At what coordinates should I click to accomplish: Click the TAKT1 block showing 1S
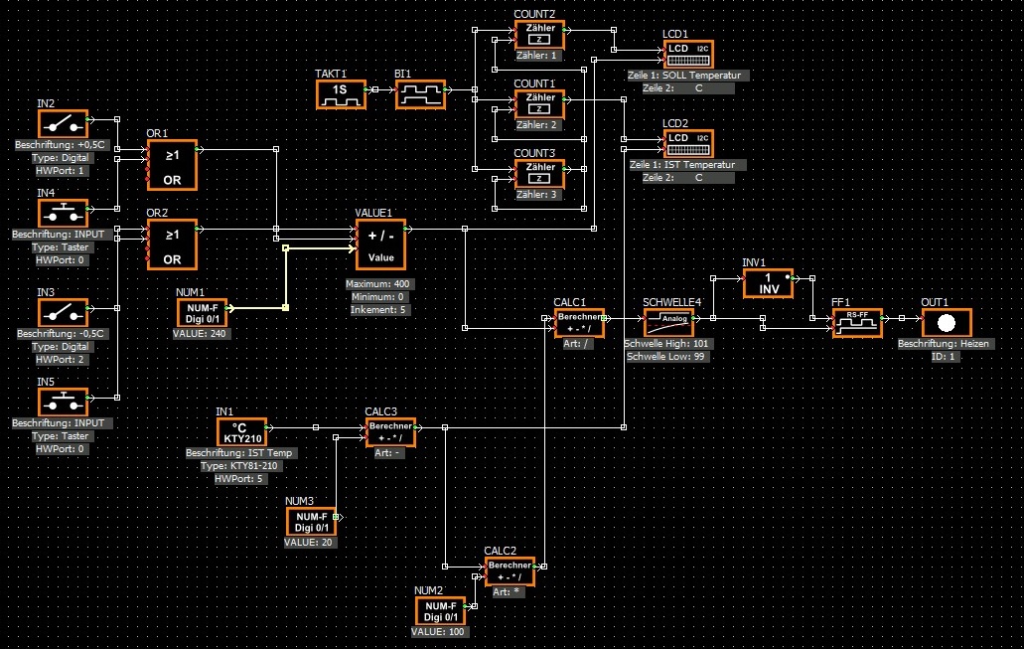point(341,94)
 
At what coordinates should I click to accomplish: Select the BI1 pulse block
point(420,94)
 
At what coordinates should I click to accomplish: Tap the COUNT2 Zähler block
point(539,35)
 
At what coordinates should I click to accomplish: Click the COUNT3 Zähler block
point(539,174)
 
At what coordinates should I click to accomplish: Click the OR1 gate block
point(172,164)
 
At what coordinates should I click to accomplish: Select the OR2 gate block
point(172,243)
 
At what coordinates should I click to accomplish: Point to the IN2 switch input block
point(63,123)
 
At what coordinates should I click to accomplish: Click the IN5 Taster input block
point(63,402)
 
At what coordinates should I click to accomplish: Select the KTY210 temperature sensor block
point(241,431)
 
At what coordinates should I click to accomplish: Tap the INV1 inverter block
point(768,283)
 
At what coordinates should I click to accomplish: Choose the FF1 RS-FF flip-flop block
point(857,323)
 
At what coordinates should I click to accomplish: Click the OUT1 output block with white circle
point(947,323)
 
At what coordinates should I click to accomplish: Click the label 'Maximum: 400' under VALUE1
point(378,284)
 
